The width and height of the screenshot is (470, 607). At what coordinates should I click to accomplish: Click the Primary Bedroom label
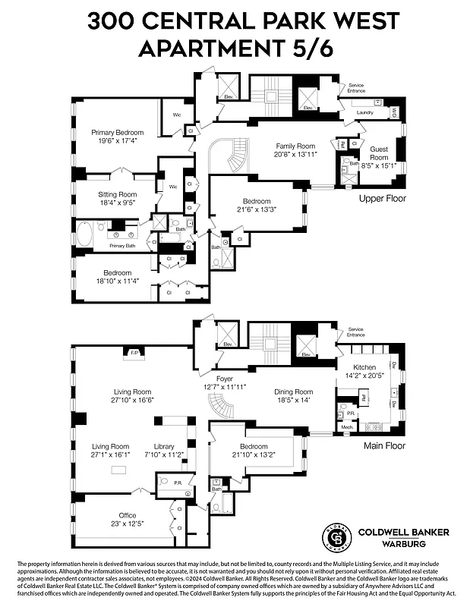pyautogui.click(x=116, y=132)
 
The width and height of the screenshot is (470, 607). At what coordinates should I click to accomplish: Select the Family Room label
pyautogui.click(x=295, y=146)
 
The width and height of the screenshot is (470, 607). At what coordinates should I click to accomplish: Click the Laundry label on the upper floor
pyautogui.click(x=365, y=113)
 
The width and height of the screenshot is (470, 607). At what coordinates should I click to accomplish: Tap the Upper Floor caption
pyautogui.click(x=383, y=199)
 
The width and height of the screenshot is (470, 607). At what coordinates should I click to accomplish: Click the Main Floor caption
pyautogui.click(x=384, y=446)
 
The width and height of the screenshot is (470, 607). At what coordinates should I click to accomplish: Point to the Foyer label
pyautogui.click(x=224, y=377)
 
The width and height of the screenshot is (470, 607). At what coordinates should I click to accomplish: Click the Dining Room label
pyautogui.click(x=293, y=392)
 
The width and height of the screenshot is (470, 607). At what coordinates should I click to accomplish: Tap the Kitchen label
pyautogui.click(x=364, y=367)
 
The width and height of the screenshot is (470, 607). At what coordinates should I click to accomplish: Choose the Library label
pyautogui.click(x=164, y=446)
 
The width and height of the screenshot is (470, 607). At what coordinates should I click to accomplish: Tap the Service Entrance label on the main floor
pyautogui.click(x=355, y=332)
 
